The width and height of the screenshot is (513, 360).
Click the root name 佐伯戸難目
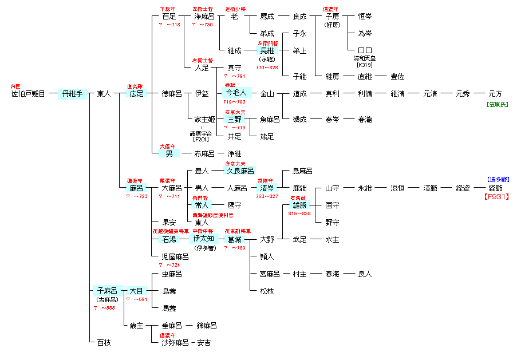[28, 93]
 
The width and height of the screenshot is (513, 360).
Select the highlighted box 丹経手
[72, 93]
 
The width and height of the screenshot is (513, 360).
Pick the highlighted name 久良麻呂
[240, 171]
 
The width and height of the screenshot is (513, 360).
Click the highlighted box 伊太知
[203, 239]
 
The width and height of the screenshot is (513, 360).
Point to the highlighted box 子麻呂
[106, 291]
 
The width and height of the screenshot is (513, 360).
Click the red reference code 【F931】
[496, 196]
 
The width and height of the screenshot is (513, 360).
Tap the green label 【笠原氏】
[496, 104]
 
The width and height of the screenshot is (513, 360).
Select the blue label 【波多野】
[496, 179]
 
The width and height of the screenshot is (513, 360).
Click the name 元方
[495, 93]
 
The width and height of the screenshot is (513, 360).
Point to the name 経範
[495, 188]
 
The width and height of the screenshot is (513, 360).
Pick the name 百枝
[104, 342]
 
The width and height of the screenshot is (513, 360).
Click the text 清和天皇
[365, 58]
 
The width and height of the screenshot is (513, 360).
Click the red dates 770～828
[267, 68]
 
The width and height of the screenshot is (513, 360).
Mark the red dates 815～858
[300, 213]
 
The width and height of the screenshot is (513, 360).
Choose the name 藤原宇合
[200, 133]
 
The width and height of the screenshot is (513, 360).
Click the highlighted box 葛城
[235, 239]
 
